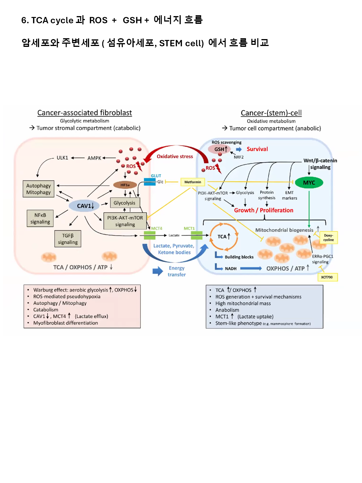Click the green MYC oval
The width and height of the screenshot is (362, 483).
309,183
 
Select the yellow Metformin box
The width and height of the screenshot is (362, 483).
192,182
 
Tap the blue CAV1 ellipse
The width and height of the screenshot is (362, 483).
84,206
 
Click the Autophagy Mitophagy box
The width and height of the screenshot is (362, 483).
38,189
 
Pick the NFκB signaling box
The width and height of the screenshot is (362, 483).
40,218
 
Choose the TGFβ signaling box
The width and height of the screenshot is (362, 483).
68,239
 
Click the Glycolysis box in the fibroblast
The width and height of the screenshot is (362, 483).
124,203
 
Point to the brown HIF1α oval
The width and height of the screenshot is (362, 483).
125,185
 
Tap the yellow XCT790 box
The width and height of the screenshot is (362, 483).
327,277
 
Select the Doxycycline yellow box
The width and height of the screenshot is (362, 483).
328,237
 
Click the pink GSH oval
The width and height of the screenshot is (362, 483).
219,149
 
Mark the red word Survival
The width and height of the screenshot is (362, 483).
257,149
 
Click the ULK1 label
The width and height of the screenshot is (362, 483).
62,158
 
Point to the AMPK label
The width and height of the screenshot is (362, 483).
94,158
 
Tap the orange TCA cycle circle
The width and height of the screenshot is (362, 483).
224,236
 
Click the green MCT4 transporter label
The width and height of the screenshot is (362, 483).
157,228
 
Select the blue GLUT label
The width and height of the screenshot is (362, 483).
156,176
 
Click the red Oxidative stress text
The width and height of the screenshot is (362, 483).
175,156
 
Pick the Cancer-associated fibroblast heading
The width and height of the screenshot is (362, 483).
84,113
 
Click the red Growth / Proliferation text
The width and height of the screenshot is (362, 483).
263,210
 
